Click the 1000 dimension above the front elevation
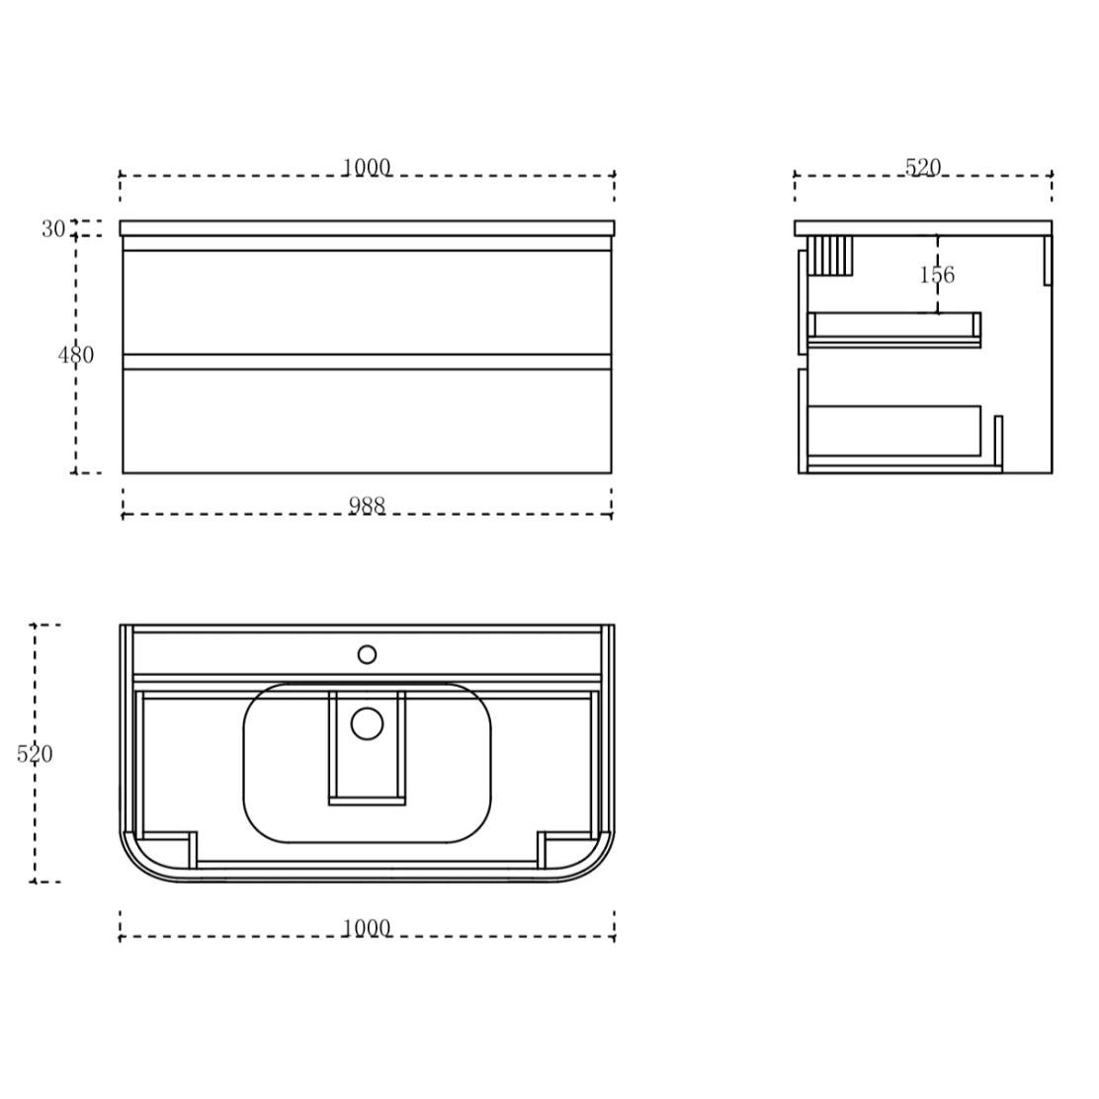367,167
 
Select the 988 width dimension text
367,505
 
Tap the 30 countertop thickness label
52,229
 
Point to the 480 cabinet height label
76,355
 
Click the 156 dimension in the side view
937,275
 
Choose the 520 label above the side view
923,167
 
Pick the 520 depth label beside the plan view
35,754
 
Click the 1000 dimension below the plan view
367,928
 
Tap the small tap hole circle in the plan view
367,654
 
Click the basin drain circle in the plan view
367,723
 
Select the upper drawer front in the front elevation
367,301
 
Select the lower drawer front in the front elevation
367,420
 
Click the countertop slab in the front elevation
367,228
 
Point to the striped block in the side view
829,255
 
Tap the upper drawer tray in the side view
893,329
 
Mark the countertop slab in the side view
923,228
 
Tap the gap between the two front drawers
367,362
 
